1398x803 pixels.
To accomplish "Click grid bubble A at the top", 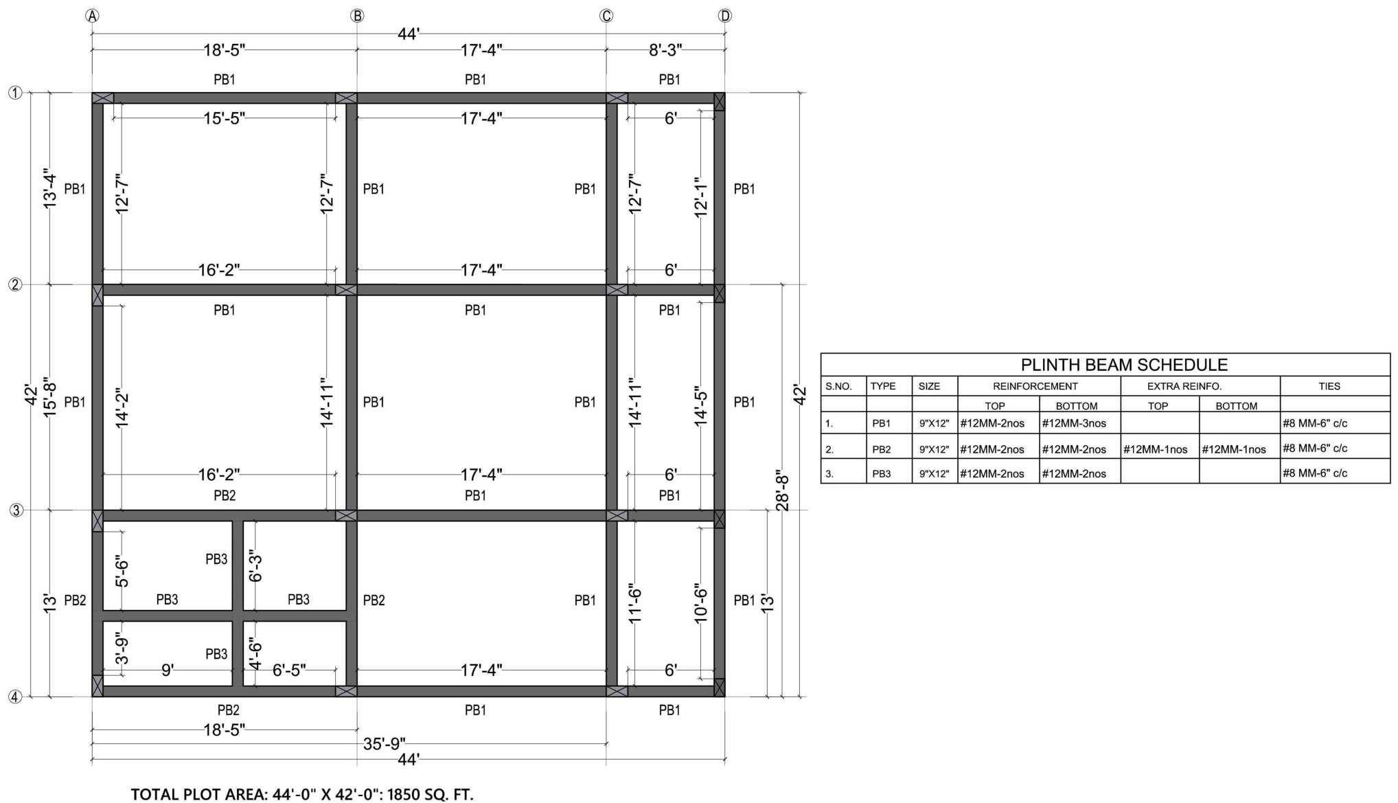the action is point(92,16).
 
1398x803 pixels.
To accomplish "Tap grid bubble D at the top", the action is point(725,16).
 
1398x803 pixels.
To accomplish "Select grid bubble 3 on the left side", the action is point(15,510).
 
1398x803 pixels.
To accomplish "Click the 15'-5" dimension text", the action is point(224,118).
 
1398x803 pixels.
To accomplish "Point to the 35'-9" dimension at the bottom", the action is point(385,744).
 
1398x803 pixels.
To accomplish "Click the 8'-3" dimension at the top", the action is point(665,50).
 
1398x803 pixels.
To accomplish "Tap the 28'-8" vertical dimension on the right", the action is point(782,490).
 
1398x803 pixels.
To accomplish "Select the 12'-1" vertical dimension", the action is point(700,197).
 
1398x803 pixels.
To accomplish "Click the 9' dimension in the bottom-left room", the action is point(167,670).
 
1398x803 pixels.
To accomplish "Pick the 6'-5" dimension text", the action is point(289,670).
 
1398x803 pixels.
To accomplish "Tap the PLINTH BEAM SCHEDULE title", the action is point(1124,365).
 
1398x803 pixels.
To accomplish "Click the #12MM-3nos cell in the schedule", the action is point(1074,423).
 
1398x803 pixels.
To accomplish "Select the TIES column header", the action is point(1329,386).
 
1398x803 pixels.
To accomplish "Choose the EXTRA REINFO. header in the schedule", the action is point(1184,386).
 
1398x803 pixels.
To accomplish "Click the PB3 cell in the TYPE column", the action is point(882,473).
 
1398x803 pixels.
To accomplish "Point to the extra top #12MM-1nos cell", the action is point(1156,449).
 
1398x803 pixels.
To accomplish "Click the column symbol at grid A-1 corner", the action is point(103,98).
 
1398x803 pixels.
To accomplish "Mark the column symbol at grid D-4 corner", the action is point(720,688).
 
